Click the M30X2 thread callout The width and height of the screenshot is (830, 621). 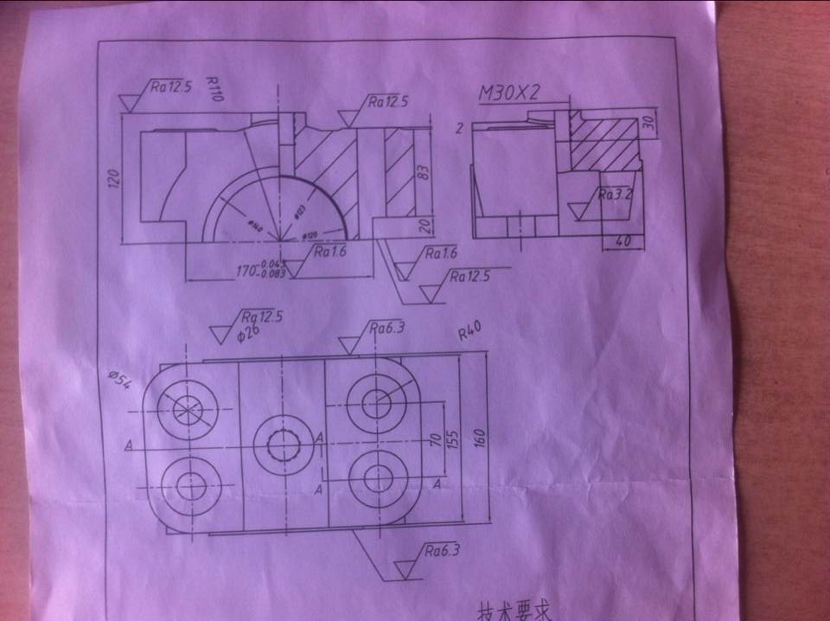tap(509, 93)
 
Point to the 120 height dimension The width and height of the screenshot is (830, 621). tap(113, 179)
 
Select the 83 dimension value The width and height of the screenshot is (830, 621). tap(424, 171)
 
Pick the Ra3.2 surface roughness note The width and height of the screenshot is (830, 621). tap(616, 195)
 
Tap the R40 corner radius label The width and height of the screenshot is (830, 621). tap(469, 333)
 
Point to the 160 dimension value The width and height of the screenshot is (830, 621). tap(482, 439)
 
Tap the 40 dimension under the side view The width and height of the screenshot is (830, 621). tap(622, 241)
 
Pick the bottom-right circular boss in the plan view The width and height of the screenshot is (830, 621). tap(378, 477)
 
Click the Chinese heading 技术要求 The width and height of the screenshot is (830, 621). tap(514, 611)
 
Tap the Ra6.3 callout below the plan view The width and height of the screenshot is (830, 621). tap(440, 550)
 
